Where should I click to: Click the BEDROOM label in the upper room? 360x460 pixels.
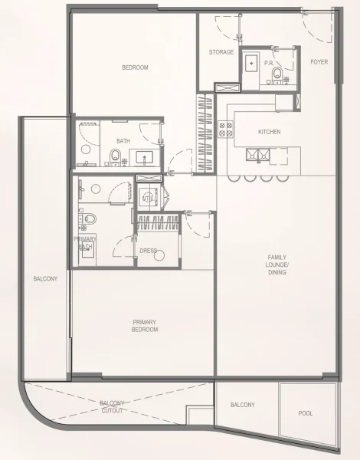coord(135,67)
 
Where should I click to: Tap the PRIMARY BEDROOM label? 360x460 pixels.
coord(145,326)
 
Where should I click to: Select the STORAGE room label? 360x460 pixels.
coord(221,52)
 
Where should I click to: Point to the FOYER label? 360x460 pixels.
coord(319,61)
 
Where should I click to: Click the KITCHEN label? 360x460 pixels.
coord(269,132)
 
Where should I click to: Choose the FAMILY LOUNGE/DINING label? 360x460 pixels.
coord(277,264)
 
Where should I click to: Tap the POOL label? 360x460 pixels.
coord(306,413)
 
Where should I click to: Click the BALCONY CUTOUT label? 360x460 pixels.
coord(117,406)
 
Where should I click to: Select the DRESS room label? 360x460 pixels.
coord(148,251)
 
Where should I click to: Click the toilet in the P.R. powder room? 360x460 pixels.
coord(277,74)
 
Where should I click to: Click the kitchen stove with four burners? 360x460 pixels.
coord(225,130)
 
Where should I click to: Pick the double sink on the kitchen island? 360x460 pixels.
coord(258,155)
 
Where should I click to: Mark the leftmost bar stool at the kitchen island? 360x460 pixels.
coord(234,178)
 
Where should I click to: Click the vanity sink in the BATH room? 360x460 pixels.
coord(144,158)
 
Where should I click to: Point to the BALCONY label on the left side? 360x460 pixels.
coord(45,279)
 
